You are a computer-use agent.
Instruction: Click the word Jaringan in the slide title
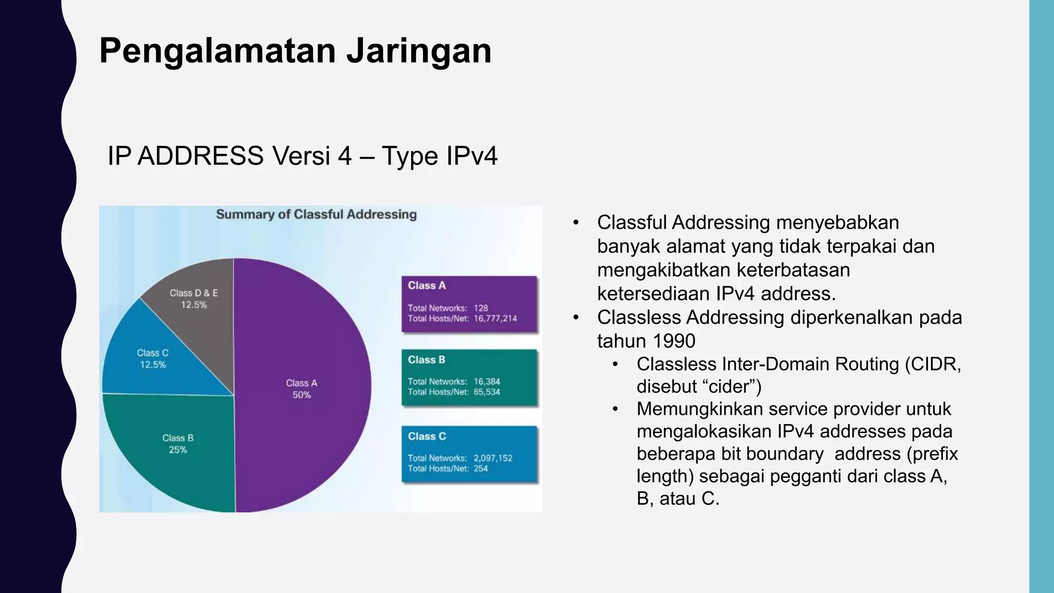(418, 51)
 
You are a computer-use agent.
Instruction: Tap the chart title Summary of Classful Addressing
(316, 215)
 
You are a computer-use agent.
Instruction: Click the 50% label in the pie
(302, 395)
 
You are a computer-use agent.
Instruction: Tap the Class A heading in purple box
(427, 286)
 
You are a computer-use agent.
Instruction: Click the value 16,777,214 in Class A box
(495, 319)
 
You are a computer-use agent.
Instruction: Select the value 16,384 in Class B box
(486, 381)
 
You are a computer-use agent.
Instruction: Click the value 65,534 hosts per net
(486, 392)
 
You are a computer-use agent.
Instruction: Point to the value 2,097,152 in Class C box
(493, 458)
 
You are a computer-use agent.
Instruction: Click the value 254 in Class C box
(480, 468)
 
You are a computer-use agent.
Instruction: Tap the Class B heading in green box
(426, 360)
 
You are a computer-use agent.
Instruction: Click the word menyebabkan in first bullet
(837, 223)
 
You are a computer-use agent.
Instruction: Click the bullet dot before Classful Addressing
(576, 223)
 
